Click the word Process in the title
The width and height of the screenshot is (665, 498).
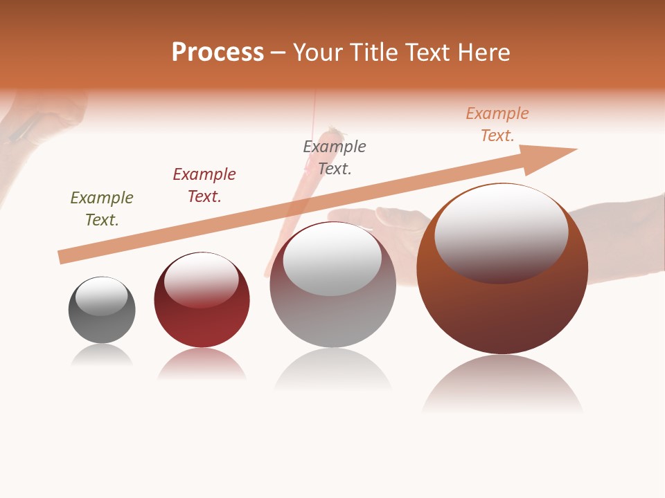tap(218, 53)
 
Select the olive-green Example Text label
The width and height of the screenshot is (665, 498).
tap(102, 208)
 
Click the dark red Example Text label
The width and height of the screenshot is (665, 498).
tap(204, 185)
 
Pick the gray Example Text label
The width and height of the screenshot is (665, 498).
tap(335, 157)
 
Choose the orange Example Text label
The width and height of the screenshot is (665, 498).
tap(497, 124)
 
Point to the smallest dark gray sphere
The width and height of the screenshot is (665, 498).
tap(102, 325)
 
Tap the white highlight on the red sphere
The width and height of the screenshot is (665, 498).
tap(202, 277)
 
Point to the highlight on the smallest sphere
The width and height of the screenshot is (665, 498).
tap(102, 295)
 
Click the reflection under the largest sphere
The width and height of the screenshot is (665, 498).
tap(502, 384)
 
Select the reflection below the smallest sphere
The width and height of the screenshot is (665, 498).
tap(102, 356)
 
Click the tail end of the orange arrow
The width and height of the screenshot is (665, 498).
tap(66, 256)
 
